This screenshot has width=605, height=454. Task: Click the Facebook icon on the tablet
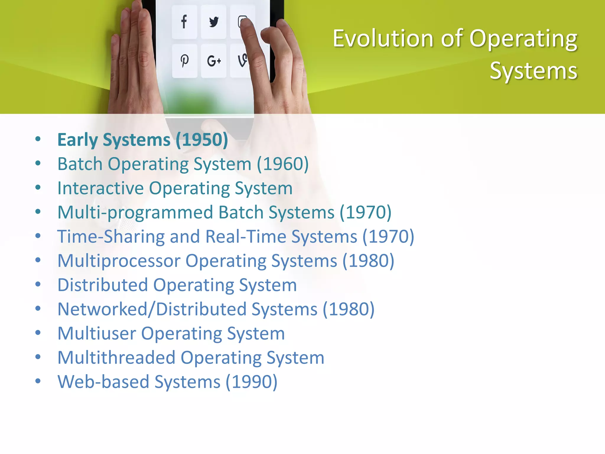click(x=184, y=22)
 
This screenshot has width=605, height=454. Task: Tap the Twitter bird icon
click(x=214, y=22)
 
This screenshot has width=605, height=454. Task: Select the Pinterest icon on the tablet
click(x=185, y=61)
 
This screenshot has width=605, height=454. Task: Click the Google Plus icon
click(x=214, y=61)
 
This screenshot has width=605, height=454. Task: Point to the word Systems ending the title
click(x=533, y=71)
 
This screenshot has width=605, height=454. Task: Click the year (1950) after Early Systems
click(x=202, y=140)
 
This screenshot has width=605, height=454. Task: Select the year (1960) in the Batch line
click(x=283, y=164)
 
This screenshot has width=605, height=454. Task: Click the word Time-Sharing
click(x=111, y=237)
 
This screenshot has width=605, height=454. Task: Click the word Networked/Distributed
click(x=152, y=309)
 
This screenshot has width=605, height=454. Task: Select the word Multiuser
click(x=97, y=334)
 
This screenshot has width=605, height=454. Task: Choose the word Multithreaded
click(x=116, y=358)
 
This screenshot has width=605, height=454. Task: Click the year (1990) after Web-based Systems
click(x=251, y=382)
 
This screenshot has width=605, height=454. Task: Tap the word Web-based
click(x=103, y=382)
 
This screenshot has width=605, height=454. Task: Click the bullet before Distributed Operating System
click(x=38, y=284)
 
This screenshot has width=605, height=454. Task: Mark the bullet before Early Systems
click(x=38, y=139)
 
